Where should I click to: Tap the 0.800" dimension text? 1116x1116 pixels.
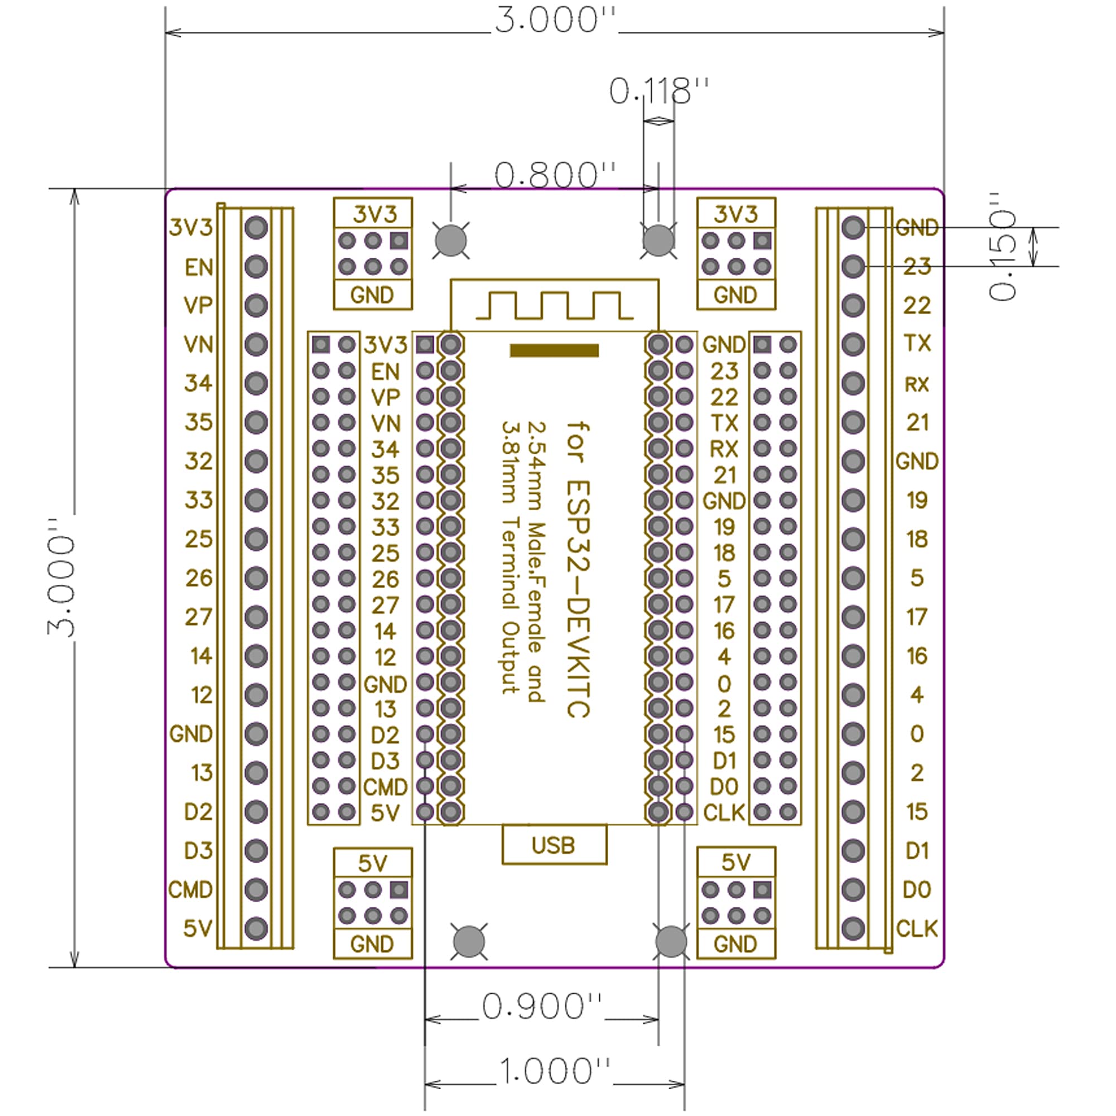click(x=555, y=176)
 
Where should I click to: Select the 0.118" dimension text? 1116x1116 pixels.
click(x=658, y=92)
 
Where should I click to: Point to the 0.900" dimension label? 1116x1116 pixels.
click(x=542, y=1007)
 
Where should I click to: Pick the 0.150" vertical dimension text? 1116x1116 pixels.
click(x=1003, y=247)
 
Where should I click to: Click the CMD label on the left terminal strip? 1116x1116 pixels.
click(x=191, y=889)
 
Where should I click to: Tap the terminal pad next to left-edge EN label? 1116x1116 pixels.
click(x=256, y=267)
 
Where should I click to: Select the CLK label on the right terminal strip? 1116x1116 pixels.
click(x=917, y=929)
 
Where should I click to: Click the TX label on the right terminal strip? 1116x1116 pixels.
click(x=917, y=344)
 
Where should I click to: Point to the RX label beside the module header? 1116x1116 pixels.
click(x=724, y=449)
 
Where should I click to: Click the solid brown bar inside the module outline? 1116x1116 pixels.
click(x=554, y=350)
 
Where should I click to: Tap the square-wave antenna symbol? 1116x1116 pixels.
click(x=554, y=306)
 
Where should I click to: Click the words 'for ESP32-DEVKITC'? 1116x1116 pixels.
click(x=578, y=569)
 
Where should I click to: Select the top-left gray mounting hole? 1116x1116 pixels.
click(x=450, y=240)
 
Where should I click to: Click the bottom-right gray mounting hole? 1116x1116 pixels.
click(x=671, y=941)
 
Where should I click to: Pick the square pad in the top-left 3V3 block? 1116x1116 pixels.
click(x=398, y=240)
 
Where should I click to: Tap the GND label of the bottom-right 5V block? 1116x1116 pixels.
click(x=735, y=945)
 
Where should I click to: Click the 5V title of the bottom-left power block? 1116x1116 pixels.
click(x=373, y=864)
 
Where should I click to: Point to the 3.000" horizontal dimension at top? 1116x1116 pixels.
click(x=555, y=20)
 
